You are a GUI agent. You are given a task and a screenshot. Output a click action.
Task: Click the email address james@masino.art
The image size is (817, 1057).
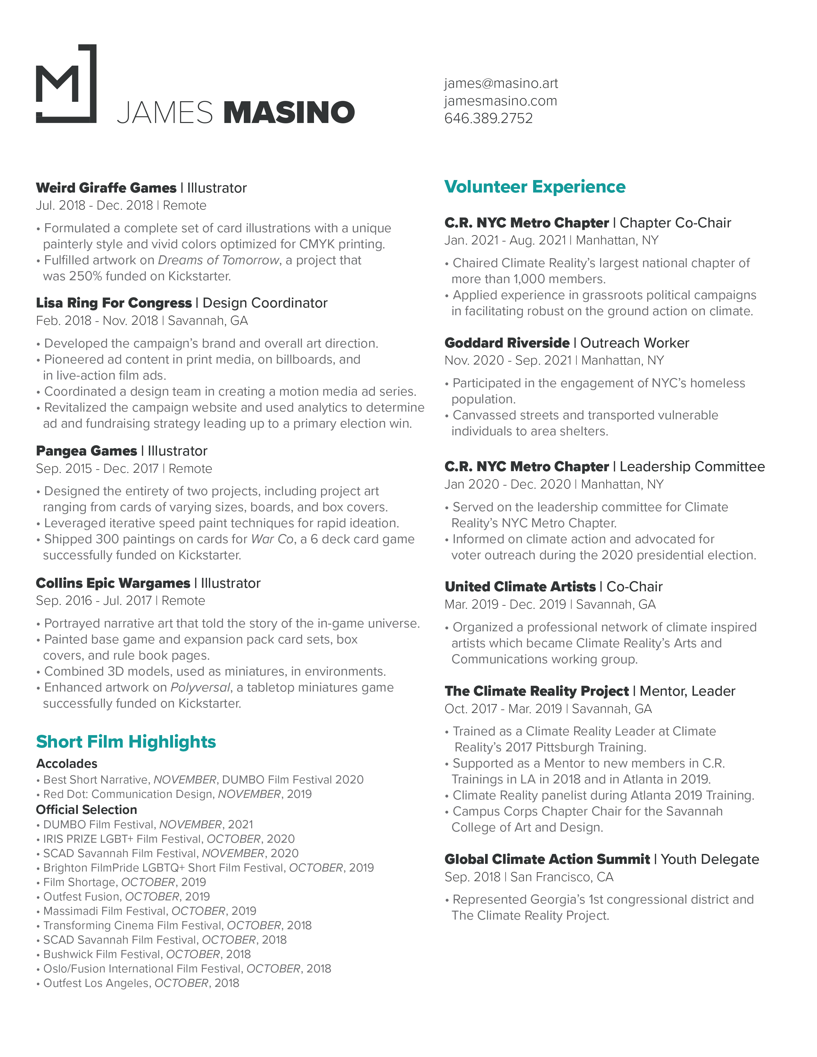point(501,83)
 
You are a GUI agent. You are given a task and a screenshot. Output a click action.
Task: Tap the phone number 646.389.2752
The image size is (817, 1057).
point(488,118)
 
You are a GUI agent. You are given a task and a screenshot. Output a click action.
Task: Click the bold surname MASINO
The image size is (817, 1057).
point(289,112)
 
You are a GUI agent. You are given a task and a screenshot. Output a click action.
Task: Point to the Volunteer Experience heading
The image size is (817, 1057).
point(535,187)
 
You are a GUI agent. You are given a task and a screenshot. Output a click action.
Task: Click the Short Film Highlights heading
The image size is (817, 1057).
point(126,742)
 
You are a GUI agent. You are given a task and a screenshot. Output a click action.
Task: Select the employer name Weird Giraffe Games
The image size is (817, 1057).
point(106,188)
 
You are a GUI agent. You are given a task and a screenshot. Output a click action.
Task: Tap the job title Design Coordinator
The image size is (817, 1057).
point(265,303)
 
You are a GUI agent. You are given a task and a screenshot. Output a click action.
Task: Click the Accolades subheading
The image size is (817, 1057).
point(67,764)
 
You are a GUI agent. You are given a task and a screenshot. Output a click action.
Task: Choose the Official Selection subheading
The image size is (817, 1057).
point(87,810)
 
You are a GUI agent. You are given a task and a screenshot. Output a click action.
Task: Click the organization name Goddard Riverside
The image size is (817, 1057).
point(507,343)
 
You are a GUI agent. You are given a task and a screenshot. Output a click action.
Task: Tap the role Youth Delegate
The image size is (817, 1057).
point(710,859)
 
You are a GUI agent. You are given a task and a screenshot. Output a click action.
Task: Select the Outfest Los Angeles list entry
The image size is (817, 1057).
point(141,983)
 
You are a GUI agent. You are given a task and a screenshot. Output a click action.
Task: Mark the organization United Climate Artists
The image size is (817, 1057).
point(520,586)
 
